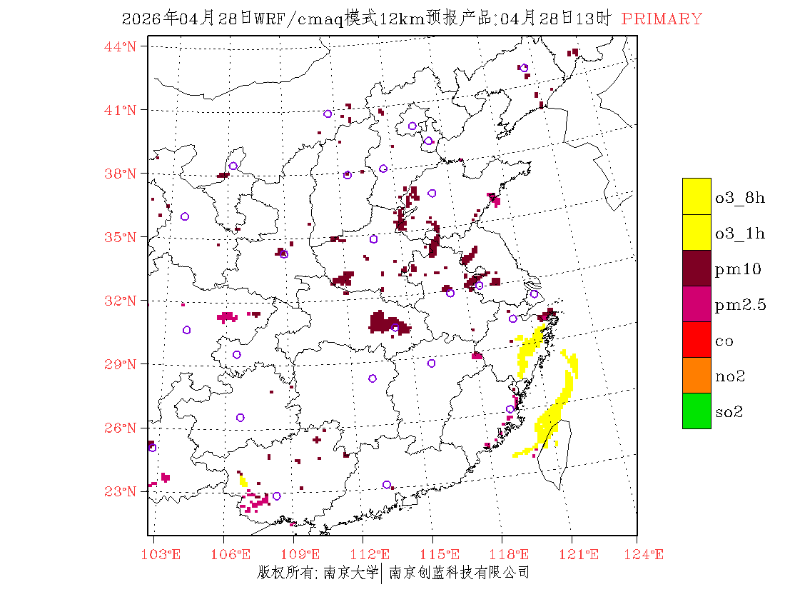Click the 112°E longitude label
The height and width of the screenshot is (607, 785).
tap(374, 554)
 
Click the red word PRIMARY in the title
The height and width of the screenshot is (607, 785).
tap(662, 19)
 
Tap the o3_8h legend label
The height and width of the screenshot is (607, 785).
tap(740, 198)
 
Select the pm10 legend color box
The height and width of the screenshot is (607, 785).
tap(697, 268)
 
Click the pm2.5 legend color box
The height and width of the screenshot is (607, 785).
tap(697, 303)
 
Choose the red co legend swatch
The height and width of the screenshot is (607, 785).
tap(697, 339)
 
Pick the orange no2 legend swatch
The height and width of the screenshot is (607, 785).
tap(697, 375)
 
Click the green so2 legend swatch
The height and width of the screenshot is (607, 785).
tap(697, 411)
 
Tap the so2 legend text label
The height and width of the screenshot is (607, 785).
tap(729, 412)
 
